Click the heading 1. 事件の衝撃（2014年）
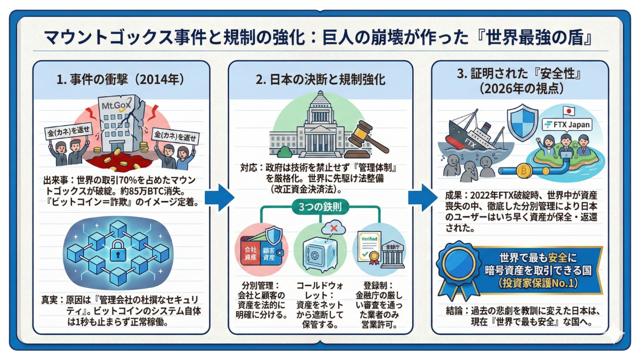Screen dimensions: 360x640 point(121,80)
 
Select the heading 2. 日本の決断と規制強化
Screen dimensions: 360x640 point(321,80)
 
